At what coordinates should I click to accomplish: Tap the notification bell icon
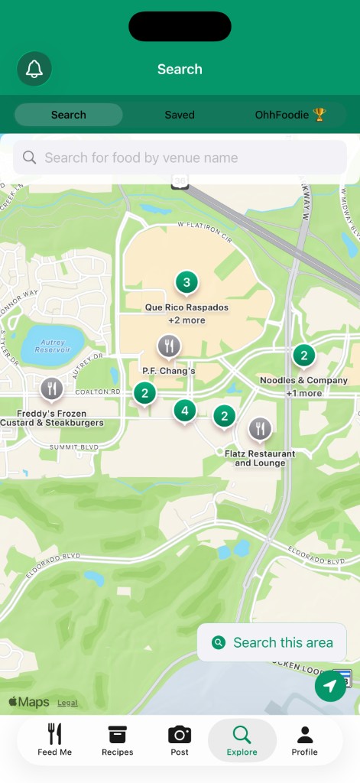34,69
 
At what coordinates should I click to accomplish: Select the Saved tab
180,115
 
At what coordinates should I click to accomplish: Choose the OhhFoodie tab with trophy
290,115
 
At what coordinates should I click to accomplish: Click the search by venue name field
180,158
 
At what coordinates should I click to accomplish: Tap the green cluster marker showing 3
186,282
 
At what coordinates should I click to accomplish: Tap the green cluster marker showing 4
183,411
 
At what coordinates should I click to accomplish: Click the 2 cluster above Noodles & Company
303,356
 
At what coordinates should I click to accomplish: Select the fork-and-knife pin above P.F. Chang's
169,346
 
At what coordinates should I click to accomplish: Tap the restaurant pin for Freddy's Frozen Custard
52,388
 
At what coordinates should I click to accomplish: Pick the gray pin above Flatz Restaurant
260,428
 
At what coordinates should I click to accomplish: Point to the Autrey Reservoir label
52,345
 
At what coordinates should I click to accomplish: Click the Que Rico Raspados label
186,307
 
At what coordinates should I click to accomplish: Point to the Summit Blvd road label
74,447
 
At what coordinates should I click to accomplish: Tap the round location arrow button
330,685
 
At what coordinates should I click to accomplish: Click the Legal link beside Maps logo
67,703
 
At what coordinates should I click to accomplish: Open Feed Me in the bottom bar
55,740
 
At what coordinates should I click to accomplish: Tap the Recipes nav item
117,740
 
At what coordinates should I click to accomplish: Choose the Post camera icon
180,740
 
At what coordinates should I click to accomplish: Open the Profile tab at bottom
304,740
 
